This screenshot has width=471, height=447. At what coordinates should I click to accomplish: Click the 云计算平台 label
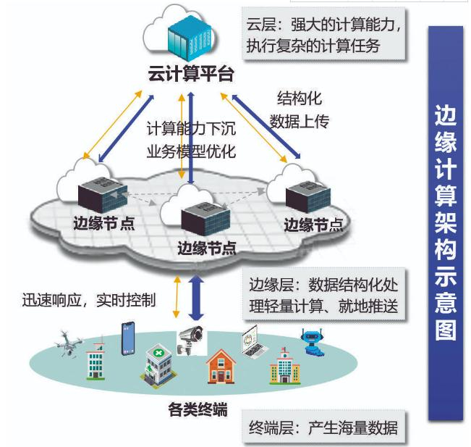point(191,74)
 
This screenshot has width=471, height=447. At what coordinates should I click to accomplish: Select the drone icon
point(69,343)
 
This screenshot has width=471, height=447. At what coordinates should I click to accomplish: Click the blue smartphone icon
point(127,338)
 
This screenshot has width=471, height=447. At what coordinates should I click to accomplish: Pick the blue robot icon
point(313,342)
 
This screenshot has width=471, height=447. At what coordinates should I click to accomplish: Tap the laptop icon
point(254,341)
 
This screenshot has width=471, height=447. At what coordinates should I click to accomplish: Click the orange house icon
point(221,367)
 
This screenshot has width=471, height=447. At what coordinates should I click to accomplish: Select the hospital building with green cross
point(158,366)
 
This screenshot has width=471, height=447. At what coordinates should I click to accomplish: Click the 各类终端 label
point(198,409)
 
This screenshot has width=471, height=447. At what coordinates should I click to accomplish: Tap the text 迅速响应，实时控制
point(89,300)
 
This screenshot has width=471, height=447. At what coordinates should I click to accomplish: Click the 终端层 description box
point(323,427)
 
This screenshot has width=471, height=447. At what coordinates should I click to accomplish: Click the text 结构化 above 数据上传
point(300,98)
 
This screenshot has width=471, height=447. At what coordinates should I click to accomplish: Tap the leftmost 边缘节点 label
point(104,223)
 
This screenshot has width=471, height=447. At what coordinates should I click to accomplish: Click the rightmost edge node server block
point(308,196)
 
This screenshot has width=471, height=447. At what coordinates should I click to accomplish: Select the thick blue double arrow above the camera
point(196,298)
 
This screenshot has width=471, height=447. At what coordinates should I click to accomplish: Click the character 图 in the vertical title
point(446,330)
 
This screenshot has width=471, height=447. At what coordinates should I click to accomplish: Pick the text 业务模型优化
point(191,151)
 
